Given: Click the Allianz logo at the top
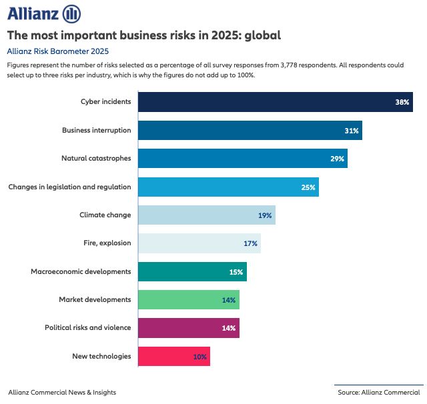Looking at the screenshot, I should click(43, 13).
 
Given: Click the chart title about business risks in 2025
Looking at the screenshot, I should click(143, 35).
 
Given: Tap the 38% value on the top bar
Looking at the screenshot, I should click(402, 103).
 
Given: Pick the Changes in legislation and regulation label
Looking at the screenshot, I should click(69, 187).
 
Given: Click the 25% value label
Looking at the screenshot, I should click(308, 187).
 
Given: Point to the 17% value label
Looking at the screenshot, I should click(250, 244).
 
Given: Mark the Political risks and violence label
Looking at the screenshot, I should click(87, 328).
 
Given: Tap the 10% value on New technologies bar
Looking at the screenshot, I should click(199, 357).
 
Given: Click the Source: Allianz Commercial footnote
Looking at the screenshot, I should click(379, 393).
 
